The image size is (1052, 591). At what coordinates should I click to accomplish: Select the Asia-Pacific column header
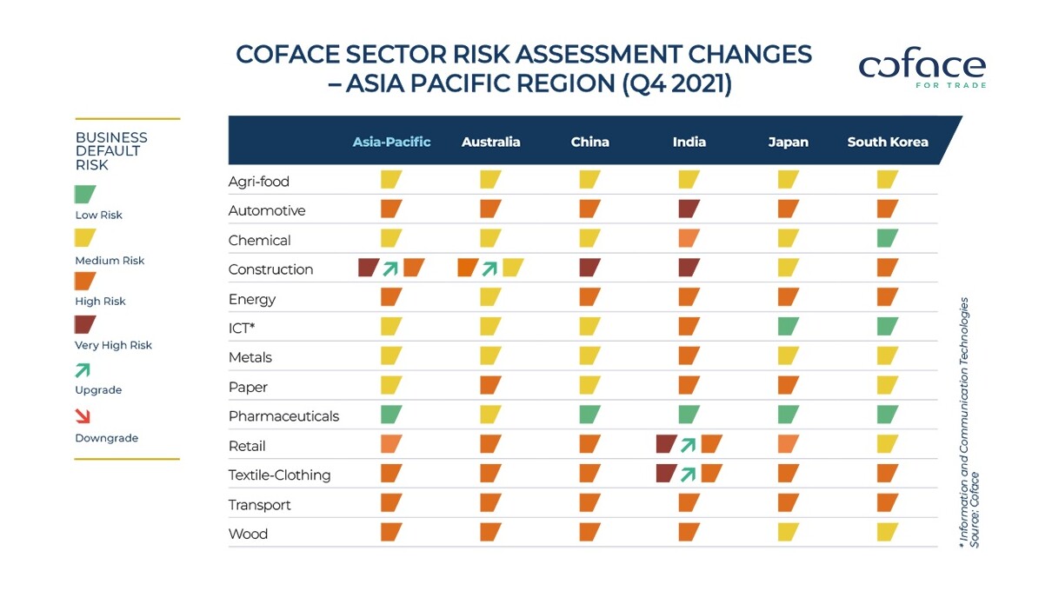[391, 142]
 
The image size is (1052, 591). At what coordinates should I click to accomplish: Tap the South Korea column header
[887, 142]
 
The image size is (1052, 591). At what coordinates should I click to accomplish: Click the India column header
[689, 142]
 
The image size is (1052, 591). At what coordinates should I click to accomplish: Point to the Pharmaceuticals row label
[283, 416]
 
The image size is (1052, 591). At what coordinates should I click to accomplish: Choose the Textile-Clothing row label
[279, 475]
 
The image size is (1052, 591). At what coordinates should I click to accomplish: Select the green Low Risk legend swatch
[85, 195]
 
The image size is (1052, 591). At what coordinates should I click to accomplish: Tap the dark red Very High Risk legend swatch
[85, 325]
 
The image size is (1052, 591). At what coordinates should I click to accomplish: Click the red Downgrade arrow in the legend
[83, 416]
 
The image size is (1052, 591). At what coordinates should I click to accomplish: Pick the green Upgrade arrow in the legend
[83, 370]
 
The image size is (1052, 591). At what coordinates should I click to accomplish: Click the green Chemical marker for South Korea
[887, 238]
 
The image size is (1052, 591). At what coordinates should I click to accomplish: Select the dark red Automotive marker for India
[689, 209]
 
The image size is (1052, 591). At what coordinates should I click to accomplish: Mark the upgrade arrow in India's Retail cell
[689, 445]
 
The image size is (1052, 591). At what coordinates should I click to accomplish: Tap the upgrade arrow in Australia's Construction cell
[490, 269]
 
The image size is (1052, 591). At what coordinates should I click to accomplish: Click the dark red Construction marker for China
[589, 268]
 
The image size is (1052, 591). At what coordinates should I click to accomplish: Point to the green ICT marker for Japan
[788, 327]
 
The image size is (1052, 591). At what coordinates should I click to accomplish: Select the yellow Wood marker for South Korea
[887, 533]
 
